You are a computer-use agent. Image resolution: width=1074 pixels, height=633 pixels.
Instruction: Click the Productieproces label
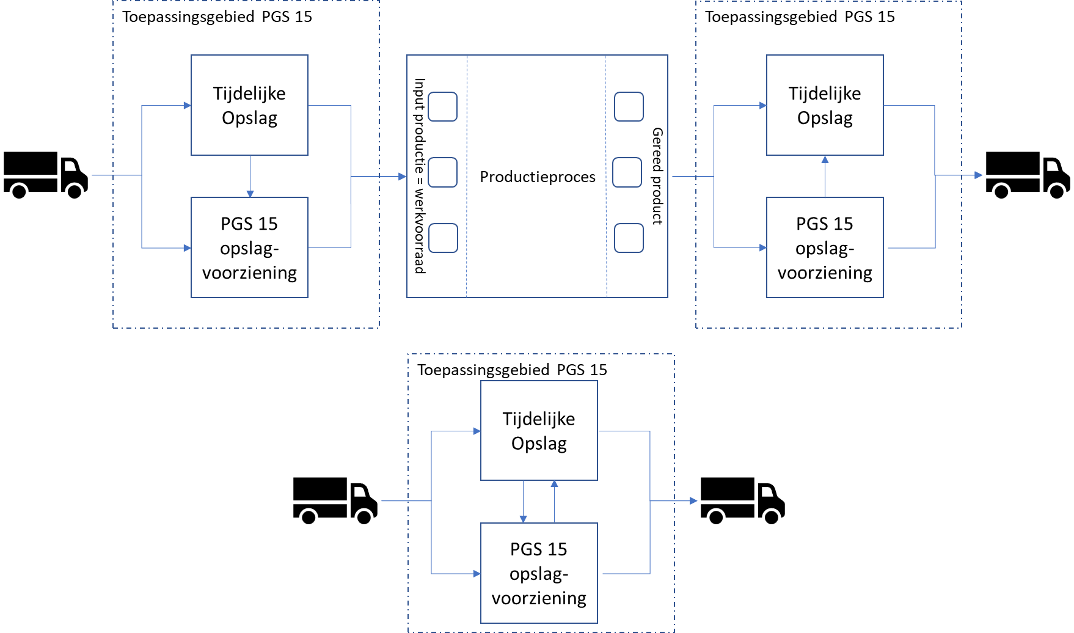click(x=537, y=177)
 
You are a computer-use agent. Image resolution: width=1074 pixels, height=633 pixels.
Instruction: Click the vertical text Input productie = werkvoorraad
click(x=419, y=176)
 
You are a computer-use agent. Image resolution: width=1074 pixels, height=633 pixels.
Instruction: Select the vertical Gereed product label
click(x=657, y=176)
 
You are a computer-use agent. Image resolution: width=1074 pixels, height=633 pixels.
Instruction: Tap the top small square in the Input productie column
click(x=442, y=107)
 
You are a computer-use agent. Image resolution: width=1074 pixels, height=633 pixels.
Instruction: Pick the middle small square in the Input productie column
click(x=442, y=172)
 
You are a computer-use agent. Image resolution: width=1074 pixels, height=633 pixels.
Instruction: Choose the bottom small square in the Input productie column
click(x=443, y=238)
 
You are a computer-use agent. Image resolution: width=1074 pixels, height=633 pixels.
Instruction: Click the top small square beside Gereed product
click(x=629, y=107)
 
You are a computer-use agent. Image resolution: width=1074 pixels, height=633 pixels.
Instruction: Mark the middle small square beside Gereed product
click(x=627, y=172)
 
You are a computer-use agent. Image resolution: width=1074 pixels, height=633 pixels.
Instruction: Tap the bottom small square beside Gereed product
click(x=629, y=238)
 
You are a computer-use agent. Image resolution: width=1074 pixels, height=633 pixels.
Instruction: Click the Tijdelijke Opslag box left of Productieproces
click(x=249, y=105)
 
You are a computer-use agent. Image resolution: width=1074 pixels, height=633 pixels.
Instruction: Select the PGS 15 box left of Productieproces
click(x=249, y=247)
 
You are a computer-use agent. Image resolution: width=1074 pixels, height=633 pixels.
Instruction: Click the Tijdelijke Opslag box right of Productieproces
click(x=825, y=105)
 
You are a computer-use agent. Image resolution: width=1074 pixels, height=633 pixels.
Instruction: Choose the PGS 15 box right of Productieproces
click(x=825, y=247)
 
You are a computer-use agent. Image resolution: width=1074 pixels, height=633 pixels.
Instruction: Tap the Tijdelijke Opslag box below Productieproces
click(x=539, y=431)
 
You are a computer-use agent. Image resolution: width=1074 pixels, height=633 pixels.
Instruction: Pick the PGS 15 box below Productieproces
click(x=539, y=573)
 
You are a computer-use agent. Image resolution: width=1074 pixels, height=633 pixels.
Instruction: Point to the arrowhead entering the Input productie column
click(x=403, y=177)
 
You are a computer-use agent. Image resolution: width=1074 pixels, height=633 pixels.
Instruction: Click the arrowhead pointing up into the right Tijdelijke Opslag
click(x=825, y=159)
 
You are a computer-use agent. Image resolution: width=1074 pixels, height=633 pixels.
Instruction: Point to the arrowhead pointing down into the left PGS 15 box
click(x=250, y=194)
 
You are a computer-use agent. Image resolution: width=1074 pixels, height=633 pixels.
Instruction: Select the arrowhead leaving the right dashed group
click(x=979, y=175)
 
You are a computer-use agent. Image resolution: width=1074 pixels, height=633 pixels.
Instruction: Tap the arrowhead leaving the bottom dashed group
click(x=693, y=501)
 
